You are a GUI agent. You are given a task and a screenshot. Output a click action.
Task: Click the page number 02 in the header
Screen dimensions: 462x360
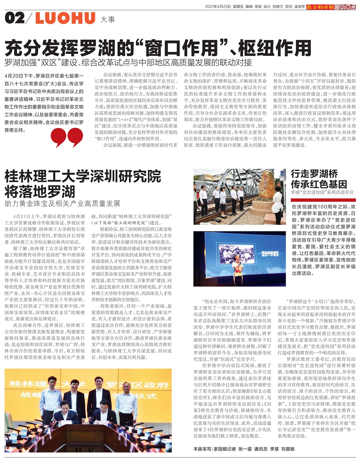pyautogui.click(x=15, y=18)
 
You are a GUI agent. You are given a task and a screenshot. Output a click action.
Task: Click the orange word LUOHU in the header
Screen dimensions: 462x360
pyautogui.click(x=65, y=18)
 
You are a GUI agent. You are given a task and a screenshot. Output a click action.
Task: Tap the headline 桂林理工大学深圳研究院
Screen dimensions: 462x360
pyautogui.click(x=82, y=177)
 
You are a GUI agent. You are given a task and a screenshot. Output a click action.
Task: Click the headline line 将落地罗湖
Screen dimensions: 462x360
pyautogui.click(x=40, y=192)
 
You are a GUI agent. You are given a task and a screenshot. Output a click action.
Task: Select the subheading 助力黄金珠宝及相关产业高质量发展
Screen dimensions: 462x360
pyautogui.click(x=63, y=204)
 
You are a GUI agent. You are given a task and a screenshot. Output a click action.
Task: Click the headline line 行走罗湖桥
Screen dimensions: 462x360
pyautogui.click(x=314, y=174)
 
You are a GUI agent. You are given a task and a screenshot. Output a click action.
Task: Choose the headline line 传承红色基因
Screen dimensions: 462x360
pyautogui.click(x=319, y=184)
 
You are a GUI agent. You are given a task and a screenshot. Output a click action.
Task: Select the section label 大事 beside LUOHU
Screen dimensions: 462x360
pyautogui.click(x=108, y=20)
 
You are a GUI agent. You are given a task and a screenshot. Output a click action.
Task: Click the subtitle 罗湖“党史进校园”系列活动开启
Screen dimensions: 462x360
pyautogui.click(x=322, y=193)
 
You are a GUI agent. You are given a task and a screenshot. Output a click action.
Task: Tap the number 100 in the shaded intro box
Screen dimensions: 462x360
pyautogui.click(x=322, y=207)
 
